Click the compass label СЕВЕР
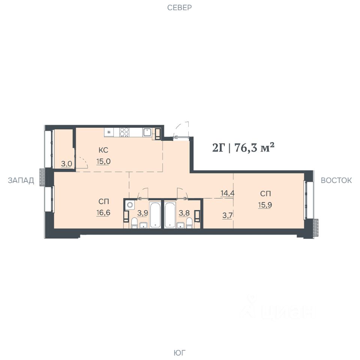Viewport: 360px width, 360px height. pos(179,7)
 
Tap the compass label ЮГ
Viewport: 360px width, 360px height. pos(179,352)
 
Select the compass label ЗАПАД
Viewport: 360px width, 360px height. pos(21,180)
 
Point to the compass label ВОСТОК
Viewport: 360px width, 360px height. pos(336,180)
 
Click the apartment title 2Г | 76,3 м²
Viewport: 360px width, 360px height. pos(243,147)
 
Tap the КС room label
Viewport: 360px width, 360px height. pos(103,150)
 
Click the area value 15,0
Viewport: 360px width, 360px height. pos(103,161)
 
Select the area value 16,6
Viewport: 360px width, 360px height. pos(103,213)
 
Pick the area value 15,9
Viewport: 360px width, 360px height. pos(265,205)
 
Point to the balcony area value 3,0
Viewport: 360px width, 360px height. pos(67,164)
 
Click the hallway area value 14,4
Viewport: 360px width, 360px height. pos(228,193)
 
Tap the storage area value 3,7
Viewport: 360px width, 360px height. pos(228,215)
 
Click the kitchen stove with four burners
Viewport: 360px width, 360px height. pos(124,132)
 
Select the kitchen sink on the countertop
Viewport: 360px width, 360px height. pos(147,132)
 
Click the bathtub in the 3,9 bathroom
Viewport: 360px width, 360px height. pos(155,215)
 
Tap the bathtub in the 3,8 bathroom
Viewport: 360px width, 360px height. pos(170,215)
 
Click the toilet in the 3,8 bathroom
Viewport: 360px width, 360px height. pos(189,223)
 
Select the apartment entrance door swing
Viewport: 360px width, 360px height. pos(181,130)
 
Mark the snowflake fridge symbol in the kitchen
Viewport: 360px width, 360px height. pos(109,132)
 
